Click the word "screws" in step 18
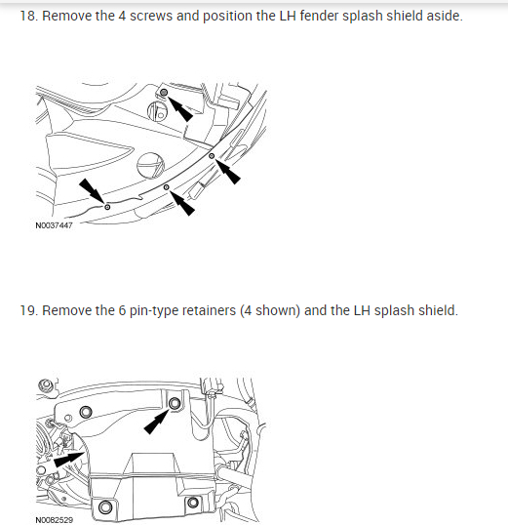(151, 16)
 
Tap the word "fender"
(319, 16)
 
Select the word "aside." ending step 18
(445, 16)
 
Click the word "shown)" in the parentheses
(278, 310)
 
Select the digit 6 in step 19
(122, 310)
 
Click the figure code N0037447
(54, 225)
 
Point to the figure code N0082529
(54, 520)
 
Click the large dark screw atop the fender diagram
(164, 92)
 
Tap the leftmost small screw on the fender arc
(107, 207)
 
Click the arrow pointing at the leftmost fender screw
(92, 190)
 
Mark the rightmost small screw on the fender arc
(212, 156)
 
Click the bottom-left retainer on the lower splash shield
(105, 506)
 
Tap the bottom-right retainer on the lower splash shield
(193, 503)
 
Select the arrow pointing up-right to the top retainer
(157, 422)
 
